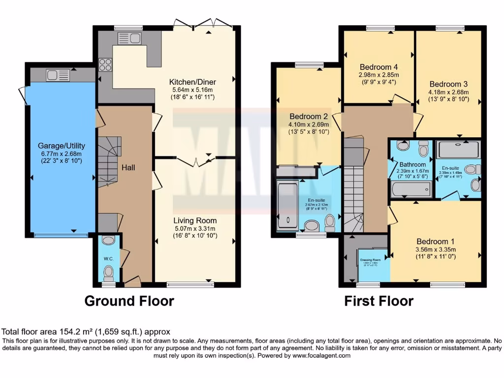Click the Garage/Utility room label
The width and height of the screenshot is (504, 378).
pyautogui.click(x=62, y=146)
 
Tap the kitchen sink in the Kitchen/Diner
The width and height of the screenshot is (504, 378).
pyautogui.click(x=129, y=38)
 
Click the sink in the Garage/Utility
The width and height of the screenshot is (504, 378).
pyautogui.click(x=58, y=75)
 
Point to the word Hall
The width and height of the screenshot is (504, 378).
pyautogui.click(x=128, y=168)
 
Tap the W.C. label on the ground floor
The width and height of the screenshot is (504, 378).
pyautogui.click(x=108, y=258)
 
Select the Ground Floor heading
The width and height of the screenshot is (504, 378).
pyautogui.click(x=129, y=301)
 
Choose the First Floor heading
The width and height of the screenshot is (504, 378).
pyautogui.click(x=378, y=301)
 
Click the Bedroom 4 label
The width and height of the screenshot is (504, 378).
pyautogui.click(x=378, y=67)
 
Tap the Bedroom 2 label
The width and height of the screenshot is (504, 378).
pyautogui.click(x=309, y=117)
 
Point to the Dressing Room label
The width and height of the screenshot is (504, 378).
pyautogui.click(x=370, y=259)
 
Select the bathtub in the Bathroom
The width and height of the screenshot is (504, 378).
pyautogui.click(x=411, y=189)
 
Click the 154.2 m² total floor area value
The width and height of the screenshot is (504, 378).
pyautogui.click(x=65, y=332)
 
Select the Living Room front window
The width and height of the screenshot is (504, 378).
pyautogui.click(x=190, y=284)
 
